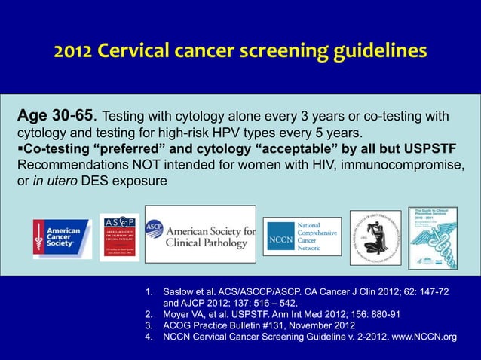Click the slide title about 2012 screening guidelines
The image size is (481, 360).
240,51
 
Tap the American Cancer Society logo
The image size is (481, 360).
62,237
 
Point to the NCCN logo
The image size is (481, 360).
302,236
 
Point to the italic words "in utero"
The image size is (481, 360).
54,181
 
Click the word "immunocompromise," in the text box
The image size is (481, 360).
400,165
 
